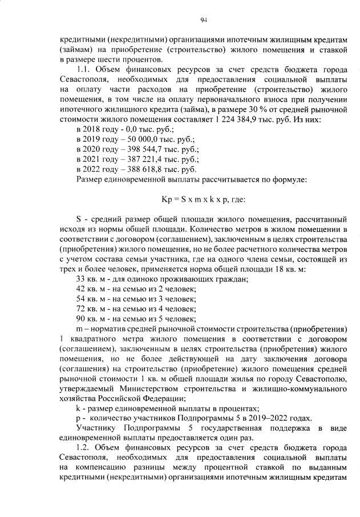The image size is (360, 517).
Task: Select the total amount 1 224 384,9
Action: click(252, 121)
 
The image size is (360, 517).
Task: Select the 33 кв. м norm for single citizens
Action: click(91, 278)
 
